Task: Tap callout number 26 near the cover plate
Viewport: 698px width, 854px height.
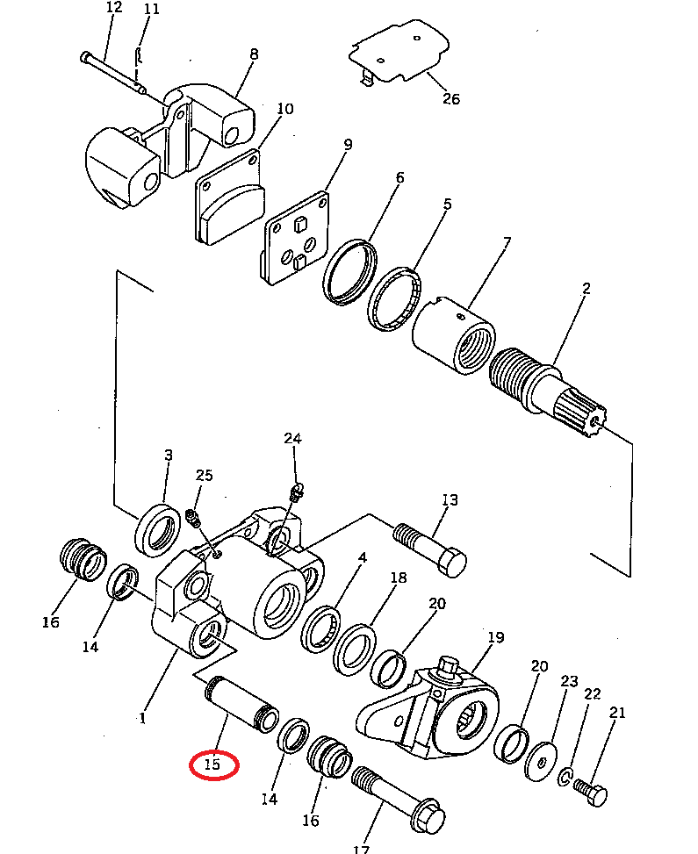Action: (450, 98)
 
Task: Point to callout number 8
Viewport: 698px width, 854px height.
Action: (254, 54)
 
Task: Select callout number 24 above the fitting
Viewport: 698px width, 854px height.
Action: (292, 439)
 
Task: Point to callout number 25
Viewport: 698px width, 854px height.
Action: (204, 476)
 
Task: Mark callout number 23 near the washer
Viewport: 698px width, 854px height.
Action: (570, 682)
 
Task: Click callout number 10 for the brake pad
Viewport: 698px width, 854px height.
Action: (284, 110)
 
